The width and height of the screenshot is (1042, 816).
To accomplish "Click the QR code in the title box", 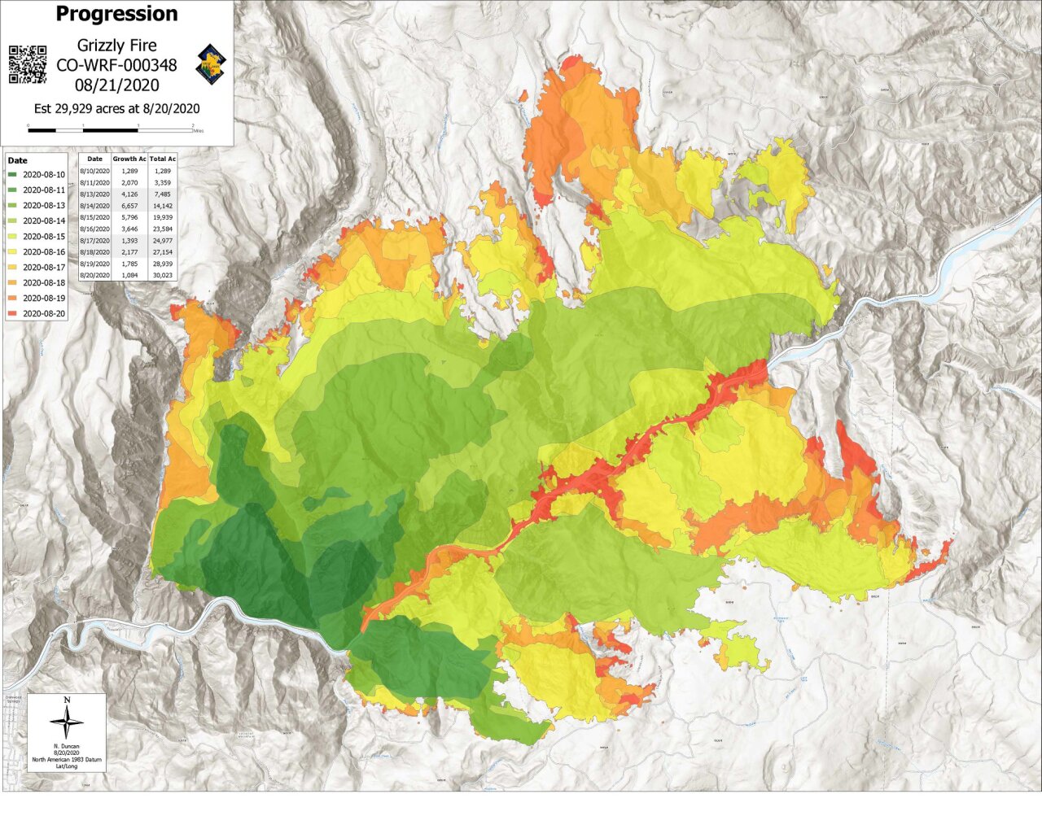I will click(x=28, y=64).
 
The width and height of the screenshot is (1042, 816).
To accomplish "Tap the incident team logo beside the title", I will click(x=212, y=64).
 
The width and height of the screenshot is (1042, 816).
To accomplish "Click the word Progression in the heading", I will click(x=116, y=14).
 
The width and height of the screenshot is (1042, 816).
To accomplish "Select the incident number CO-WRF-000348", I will click(x=116, y=65).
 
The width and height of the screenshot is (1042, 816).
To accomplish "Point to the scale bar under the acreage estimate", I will click(x=111, y=129).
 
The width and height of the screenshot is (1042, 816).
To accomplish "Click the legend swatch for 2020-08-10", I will click(x=14, y=175).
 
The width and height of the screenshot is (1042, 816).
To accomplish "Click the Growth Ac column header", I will click(x=129, y=159).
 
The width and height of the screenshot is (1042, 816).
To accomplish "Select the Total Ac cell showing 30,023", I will click(x=162, y=277).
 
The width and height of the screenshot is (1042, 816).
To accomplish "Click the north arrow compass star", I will click(x=67, y=722).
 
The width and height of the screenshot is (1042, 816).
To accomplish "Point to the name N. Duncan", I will click(x=67, y=746).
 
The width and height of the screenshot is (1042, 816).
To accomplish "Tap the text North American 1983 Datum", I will click(x=67, y=759).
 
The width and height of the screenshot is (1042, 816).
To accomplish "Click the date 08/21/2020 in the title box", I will click(x=116, y=85).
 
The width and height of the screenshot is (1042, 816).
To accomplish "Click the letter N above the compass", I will click(x=67, y=700).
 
